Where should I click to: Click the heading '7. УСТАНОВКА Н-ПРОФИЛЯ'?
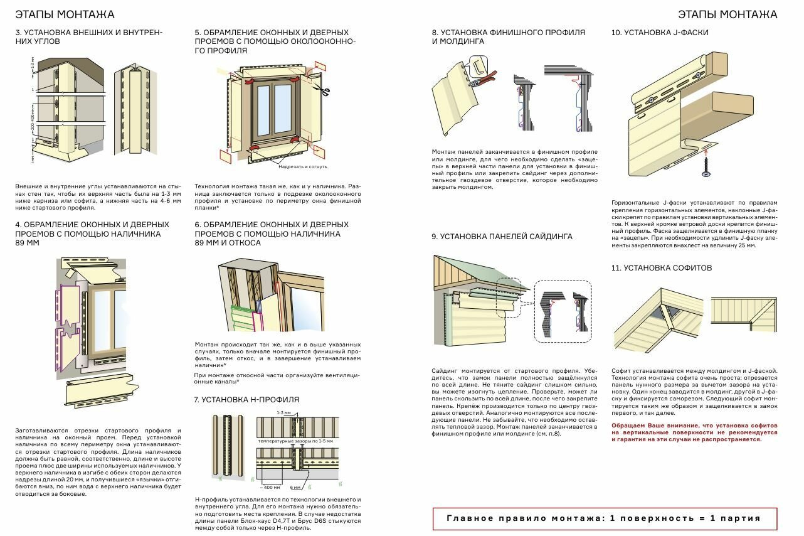[x=246, y=400]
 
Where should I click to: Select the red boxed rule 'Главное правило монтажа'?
[x=605, y=518]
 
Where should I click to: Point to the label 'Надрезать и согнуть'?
[x=302, y=166]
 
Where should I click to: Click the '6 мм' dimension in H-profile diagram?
[x=295, y=486]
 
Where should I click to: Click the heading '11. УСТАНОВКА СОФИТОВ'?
[x=662, y=268]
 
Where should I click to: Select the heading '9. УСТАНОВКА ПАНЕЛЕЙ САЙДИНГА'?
[x=502, y=237]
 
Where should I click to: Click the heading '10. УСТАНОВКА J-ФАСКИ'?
[x=660, y=33]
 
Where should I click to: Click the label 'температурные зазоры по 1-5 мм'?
[x=295, y=441]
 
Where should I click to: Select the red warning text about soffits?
[x=694, y=432]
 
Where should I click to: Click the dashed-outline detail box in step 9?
[x=563, y=311]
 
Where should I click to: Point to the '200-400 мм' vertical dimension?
[x=32, y=132]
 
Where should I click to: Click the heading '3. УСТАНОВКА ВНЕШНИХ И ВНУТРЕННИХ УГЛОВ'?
[x=88, y=37]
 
